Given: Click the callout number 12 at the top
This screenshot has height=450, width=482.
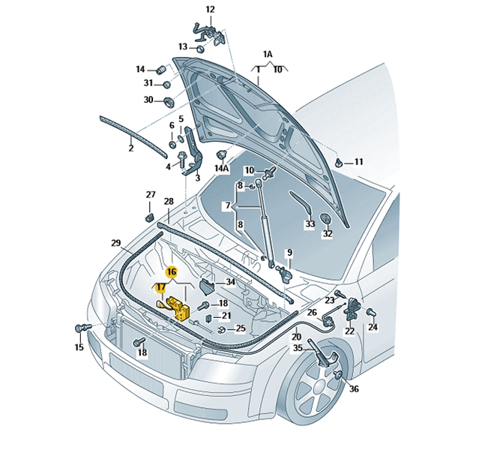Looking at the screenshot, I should [210, 10].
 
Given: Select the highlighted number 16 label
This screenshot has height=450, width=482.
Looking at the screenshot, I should [171, 271].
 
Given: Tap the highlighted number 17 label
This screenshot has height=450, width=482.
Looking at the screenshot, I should [161, 287].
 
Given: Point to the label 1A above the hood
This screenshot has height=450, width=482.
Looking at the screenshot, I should [268, 55].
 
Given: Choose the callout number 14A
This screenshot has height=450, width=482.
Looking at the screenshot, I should [221, 169].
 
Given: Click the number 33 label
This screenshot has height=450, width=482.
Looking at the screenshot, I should [310, 223].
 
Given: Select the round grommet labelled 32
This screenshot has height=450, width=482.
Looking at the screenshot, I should [327, 217].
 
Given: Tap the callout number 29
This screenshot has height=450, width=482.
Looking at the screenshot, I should [116, 243].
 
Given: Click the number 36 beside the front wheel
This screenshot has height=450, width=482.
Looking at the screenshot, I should [354, 388].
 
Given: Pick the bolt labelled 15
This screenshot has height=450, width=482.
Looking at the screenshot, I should [81, 328].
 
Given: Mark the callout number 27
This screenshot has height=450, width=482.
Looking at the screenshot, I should [151, 195].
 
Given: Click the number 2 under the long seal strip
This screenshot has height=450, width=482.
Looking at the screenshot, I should [130, 148].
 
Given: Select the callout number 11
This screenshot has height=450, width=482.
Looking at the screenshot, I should [358, 162].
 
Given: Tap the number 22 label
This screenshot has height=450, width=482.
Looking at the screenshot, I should [349, 331].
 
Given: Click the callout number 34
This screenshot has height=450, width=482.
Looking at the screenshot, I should [230, 282].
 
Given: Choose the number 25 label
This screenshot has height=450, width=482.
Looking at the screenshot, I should [241, 328].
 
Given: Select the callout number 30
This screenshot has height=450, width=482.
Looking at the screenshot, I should [148, 100].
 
